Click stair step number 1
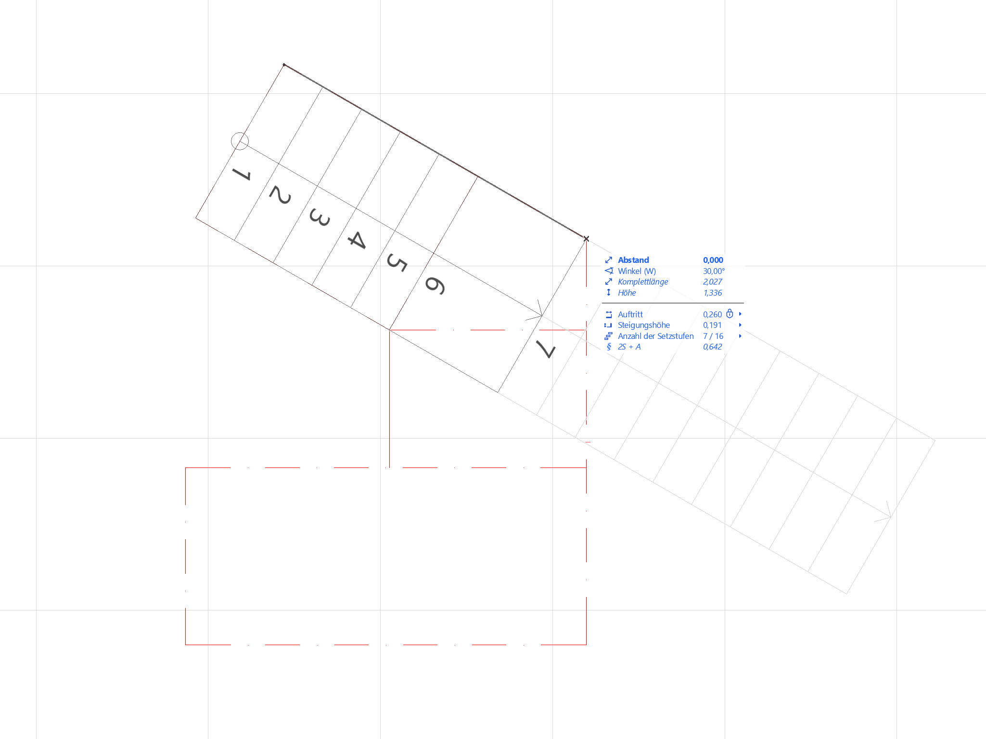coord(242,174)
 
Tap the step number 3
coord(320,217)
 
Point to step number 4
coord(357,239)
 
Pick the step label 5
coord(397,262)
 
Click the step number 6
coord(435,285)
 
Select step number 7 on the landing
coord(546,349)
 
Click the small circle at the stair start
coord(240,141)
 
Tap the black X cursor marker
coord(586,239)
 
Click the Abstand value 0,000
coord(713,260)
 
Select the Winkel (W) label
coord(637,271)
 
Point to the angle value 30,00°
coord(714,271)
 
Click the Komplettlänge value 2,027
coord(712,282)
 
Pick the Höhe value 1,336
coord(712,293)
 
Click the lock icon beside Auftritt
coord(730,314)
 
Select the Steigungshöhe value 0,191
coord(712,325)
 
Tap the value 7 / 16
coord(713,336)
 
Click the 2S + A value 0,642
coord(712,347)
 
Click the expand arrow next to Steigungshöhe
coord(740,325)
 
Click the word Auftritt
coord(630,314)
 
